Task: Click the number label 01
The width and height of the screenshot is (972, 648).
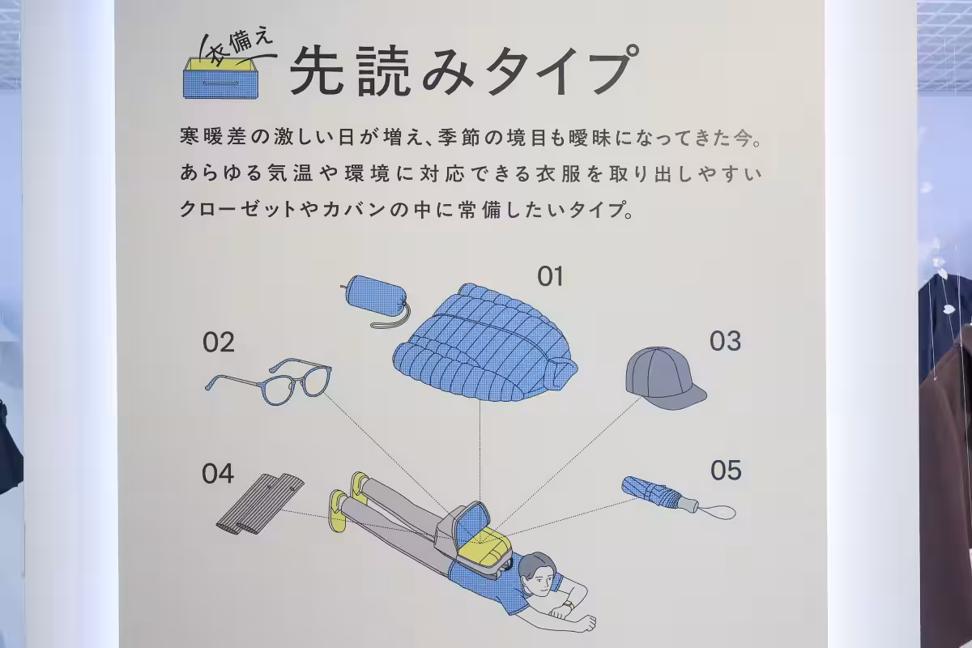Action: (550, 277)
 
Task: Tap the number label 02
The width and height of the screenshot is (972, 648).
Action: (219, 343)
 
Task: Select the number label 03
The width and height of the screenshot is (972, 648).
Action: (725, 342)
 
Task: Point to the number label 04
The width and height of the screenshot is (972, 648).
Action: (218, 474)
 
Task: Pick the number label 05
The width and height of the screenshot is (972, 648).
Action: (726, 470)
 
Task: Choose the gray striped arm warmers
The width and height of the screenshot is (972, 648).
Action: (259, 505)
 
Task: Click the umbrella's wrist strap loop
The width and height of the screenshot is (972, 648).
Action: (718, 512)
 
